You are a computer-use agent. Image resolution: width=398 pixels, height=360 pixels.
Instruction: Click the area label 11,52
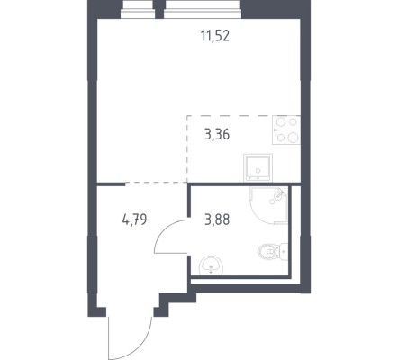(215, 36)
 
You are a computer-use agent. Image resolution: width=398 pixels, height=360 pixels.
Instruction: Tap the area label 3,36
(217, 135)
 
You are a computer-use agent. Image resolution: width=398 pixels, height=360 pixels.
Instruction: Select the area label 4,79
(134, 220)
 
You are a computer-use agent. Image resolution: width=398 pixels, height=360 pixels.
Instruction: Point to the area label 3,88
(217, 220)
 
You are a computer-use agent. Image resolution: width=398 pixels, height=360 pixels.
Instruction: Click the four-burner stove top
(286, 130)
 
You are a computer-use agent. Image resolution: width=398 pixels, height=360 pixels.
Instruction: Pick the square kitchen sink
(258, 167)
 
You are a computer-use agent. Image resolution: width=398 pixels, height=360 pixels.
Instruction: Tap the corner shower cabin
(268, 205)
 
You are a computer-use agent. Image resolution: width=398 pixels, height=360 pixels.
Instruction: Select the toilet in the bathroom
(273, 251)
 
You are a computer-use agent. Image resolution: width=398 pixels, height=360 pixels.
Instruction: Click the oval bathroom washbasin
(211, 265)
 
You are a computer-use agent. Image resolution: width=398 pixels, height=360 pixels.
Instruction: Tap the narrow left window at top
(138, 9)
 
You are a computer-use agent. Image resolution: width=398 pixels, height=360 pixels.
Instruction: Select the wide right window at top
(203, 9)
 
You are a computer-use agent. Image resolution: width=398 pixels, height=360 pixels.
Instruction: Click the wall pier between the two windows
(159, 9)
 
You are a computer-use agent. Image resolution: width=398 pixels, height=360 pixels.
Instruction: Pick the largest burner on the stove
(293, 138)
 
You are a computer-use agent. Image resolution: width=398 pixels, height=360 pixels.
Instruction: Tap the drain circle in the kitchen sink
(258, 171)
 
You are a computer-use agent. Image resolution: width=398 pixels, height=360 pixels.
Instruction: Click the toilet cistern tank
(284, 251)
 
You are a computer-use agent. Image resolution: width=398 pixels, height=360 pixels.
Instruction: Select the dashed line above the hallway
(156, 182)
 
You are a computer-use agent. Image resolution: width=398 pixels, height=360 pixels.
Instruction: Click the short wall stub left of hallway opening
(111, 184)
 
